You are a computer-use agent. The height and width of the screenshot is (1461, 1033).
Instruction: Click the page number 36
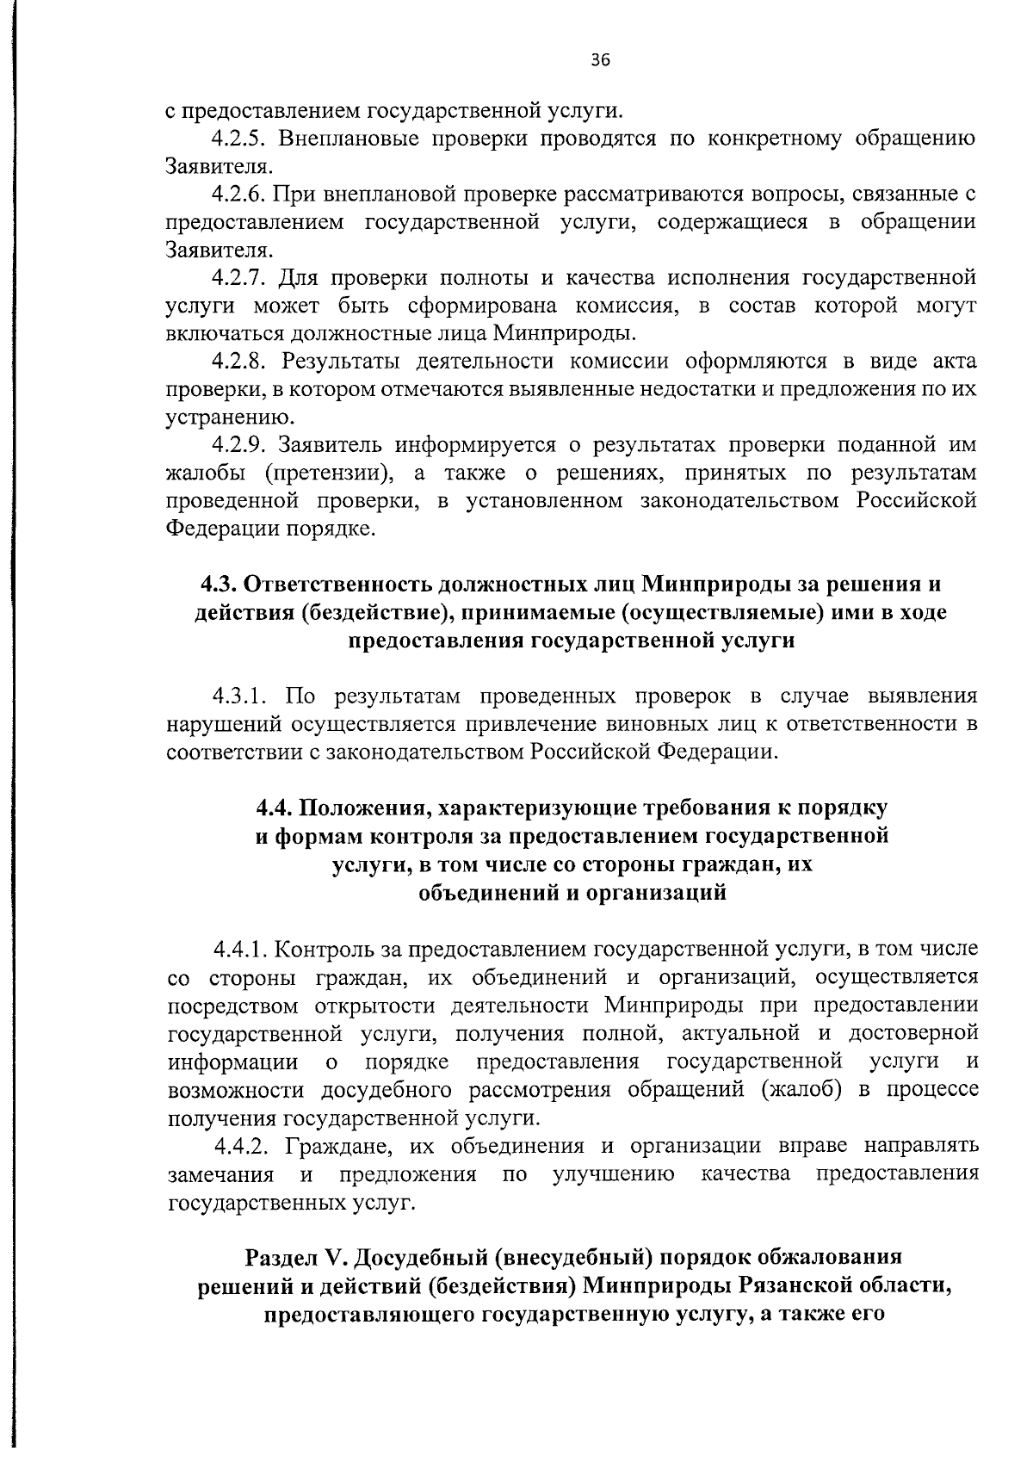coord(600,59)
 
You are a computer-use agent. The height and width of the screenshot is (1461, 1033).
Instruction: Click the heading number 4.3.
coord(219,585)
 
